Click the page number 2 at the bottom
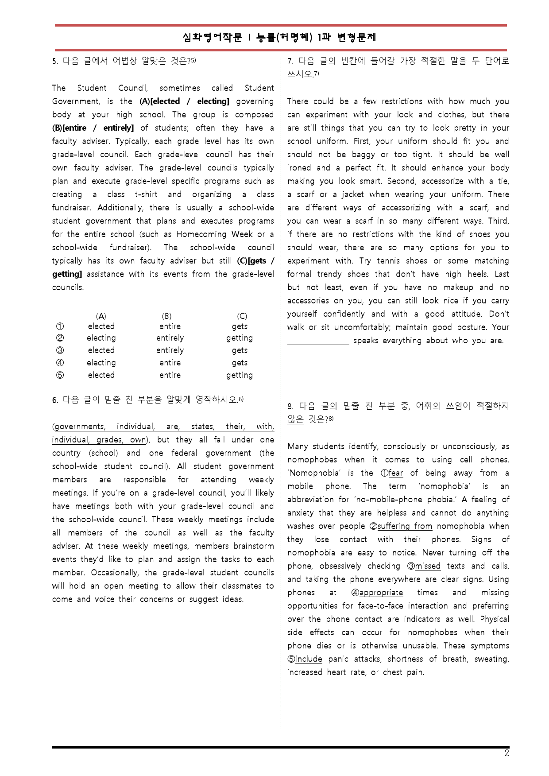click(x=506, y=753)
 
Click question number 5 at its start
click(x=55, y=62)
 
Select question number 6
click(x=55, y=400)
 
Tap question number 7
click(x=290, y=61)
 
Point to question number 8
click(x=290, y=406)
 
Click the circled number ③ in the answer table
click(x=60, y=350)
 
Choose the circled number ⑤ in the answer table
click(x=60, y=375)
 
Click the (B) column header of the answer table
click(x=166, y=316)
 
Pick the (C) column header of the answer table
click(x=242, y=316)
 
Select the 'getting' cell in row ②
click(x=240, y=338)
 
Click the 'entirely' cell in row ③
click(x=170, y=350)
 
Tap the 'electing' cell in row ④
click(x=101, y=363)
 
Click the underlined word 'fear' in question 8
click(x=396, y=473)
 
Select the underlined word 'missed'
click(x=428, y=566)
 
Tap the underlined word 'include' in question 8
click(x=309, y=659)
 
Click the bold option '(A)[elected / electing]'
click(x=184, y=101)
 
